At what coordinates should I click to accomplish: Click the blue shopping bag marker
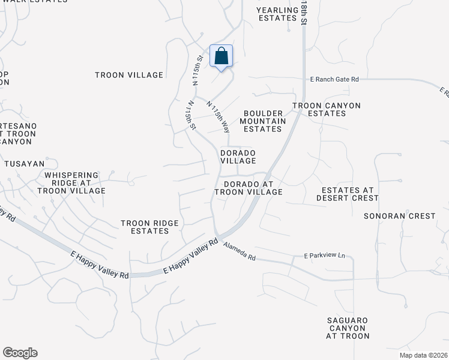pos(221,56)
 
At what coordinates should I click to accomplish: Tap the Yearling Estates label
pos(277,14)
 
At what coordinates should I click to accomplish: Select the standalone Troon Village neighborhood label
pos(129,75)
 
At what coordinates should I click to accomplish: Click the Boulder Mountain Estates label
pos(262,121)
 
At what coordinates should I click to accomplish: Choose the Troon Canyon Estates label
pos(327,110)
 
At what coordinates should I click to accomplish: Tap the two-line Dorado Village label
pos(238,157)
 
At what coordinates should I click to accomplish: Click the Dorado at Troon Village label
pos(252,188)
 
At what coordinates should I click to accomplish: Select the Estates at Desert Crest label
pos(348,194)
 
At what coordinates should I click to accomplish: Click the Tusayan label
pos(24,164)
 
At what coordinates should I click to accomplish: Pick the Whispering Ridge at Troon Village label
pos(71,183)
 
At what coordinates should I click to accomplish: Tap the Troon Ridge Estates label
pos(149,227)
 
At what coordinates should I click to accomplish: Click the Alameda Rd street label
pos(239,250)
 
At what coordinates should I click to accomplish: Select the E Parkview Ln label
pos(325,256)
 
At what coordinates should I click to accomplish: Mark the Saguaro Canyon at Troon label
pos(348,328)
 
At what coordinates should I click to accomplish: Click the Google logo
pos(20,353)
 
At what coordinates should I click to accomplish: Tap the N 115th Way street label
pos(218,118)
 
